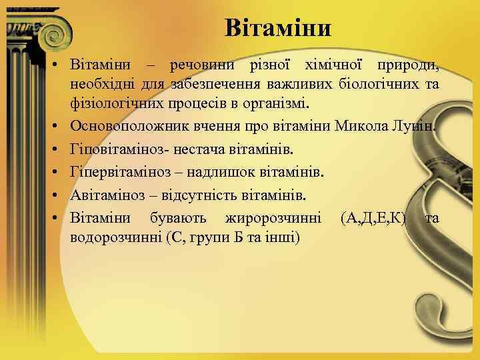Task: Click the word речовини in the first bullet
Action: click(x=201, y=65)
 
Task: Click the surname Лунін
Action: click(x=415, y=125)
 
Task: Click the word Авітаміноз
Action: click(x=106, y=196)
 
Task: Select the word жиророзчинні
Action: click(x=273, y=218)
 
